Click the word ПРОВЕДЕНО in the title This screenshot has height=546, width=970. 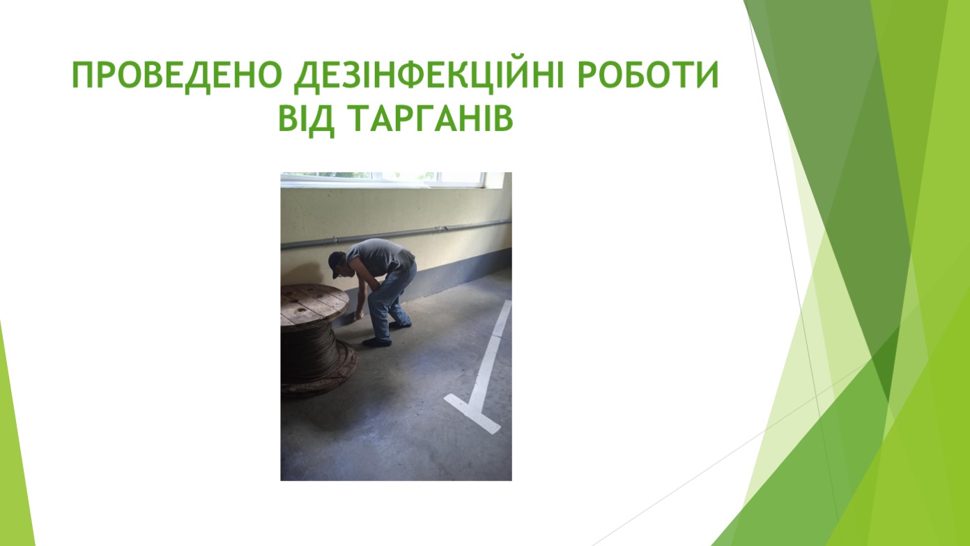[x=177, y=76]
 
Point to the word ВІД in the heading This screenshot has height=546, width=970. [x=306, y=120]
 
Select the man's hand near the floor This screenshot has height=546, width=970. [x=358, y=315]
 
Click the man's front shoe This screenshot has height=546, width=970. [x=377, y=342]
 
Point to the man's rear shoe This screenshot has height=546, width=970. [x=400, y=324]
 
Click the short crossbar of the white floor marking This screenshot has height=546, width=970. [x=472, y=413]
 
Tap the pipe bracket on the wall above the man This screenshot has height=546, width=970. [x=441, y=227]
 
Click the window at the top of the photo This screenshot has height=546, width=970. [x=383, y=178]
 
